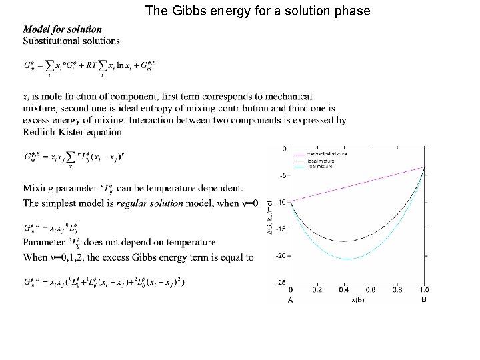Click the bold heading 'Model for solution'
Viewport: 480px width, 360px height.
coord(63,29)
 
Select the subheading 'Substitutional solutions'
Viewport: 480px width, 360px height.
coord(71,41)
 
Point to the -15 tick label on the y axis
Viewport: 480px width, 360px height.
coord(282,229)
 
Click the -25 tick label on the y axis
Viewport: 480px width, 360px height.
coord(282,282)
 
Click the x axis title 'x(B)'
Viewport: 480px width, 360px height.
coord(357,299)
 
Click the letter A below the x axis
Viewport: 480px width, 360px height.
coord(291,300)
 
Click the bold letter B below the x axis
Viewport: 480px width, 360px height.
coord(424,300)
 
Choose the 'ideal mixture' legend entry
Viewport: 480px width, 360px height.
coord(325,161)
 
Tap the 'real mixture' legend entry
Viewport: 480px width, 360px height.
coord(324,167)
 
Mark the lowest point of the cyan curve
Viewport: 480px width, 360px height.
coord(348,259)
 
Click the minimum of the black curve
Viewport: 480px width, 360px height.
coord(343,241)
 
